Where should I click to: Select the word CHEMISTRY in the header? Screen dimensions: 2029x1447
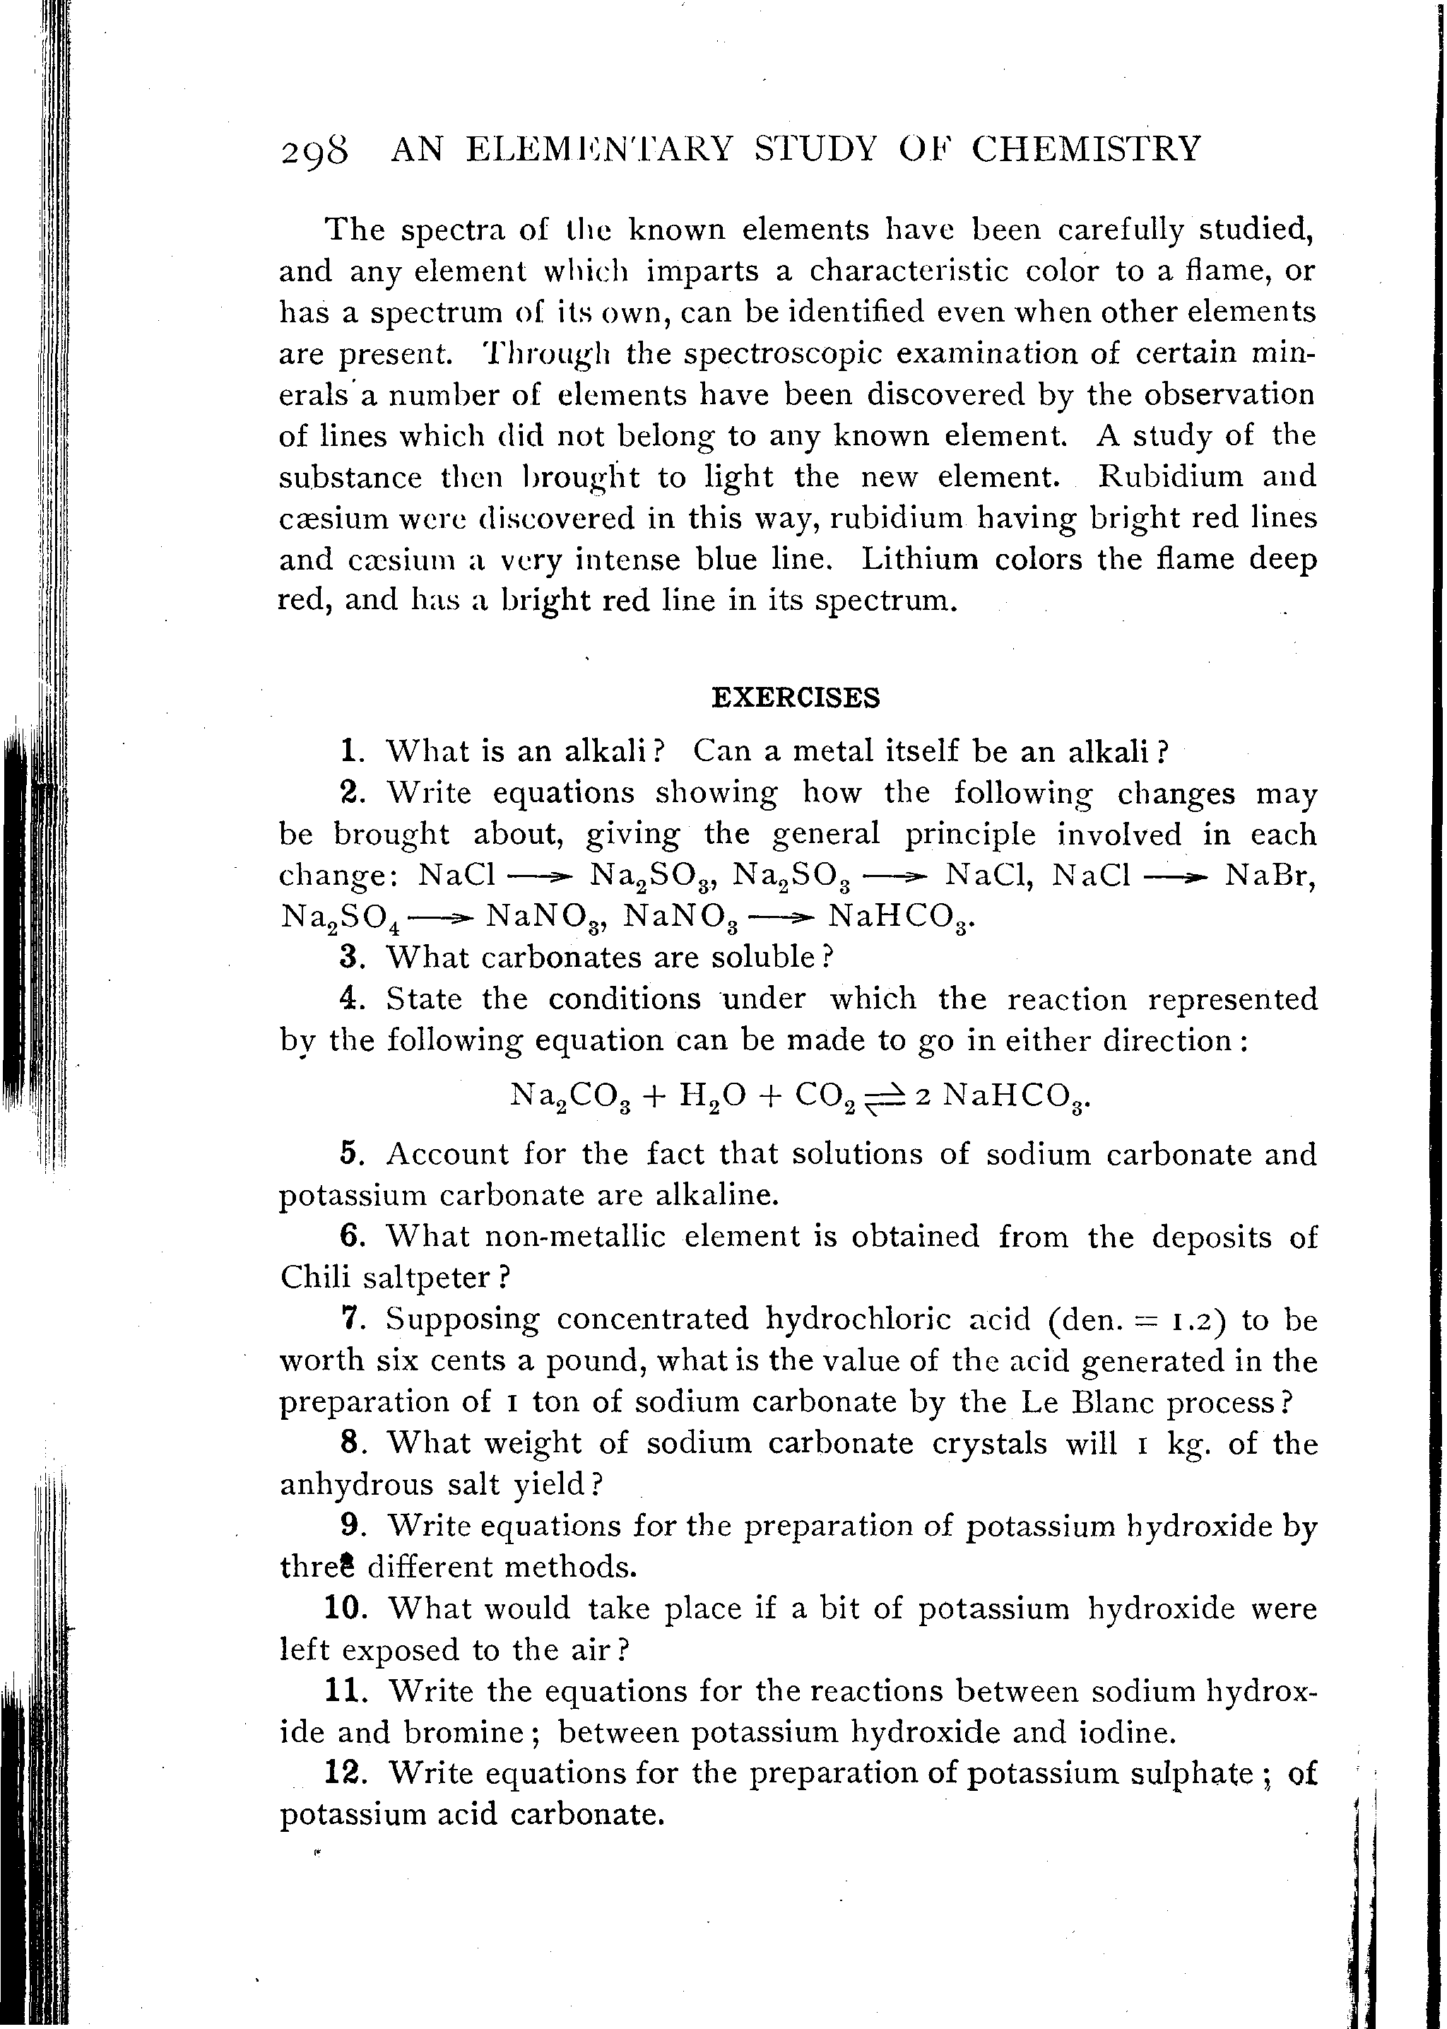point(1086,148)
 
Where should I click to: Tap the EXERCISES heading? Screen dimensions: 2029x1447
point(796,697)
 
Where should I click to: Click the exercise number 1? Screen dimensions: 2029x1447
point(351,751)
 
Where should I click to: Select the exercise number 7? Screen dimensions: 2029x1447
point(351,1319)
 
